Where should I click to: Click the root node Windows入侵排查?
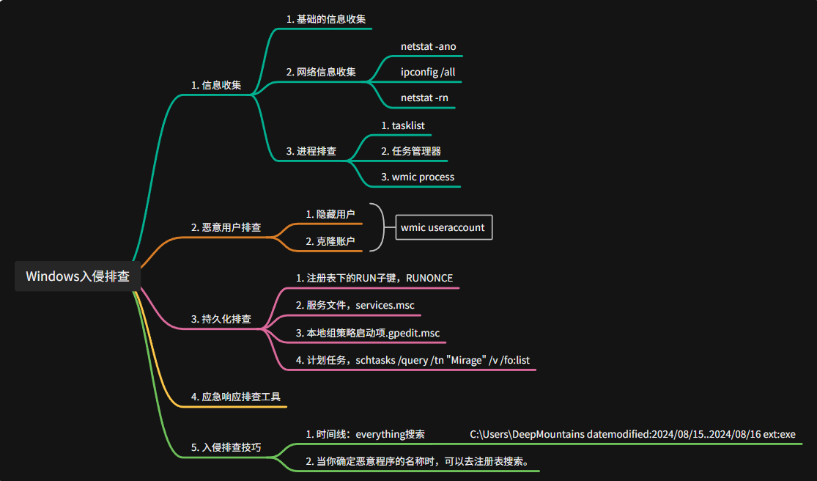[78, 276]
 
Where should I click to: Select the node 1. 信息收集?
[216, 85]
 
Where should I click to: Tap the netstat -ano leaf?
[428, 46]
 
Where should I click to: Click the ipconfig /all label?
[428, 72]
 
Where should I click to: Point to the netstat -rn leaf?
[424, 98]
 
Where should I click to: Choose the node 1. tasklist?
[403, 125]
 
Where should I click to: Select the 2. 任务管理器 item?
[410, 151]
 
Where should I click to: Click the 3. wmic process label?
[418, 177]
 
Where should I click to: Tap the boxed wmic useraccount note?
[443, 227]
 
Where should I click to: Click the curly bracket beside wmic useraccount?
[378, 227]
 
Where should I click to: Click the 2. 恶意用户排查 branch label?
[226, 227]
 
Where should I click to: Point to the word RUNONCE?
[429, 278]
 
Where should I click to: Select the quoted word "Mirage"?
[470, 360]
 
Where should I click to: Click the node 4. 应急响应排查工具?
[236, 397]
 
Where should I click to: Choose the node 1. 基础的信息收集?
[326, 19]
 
